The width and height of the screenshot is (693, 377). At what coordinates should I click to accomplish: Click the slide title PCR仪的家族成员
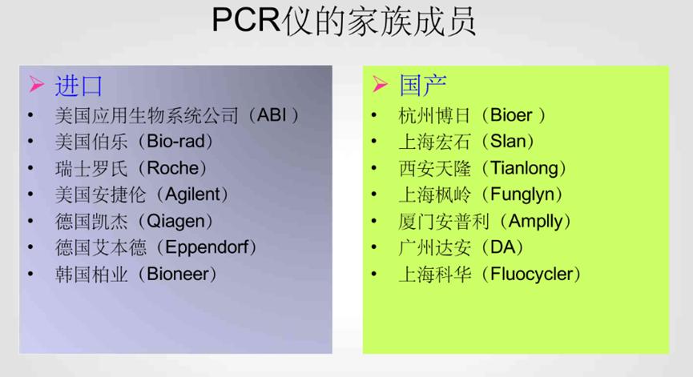click(344, 22)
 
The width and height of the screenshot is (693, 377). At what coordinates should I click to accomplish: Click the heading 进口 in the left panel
click(79, 86)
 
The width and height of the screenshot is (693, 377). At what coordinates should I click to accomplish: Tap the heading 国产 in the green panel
click(423, 86)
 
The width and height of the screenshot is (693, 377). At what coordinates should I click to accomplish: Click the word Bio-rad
click(179, 142)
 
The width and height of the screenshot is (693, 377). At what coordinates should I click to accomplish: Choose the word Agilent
click(195, 195)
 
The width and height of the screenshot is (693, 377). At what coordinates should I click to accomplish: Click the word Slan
click(506, 142)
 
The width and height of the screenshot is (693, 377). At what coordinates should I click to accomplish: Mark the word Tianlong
click(528, 168)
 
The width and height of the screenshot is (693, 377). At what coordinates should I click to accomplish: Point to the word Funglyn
click(526, 195)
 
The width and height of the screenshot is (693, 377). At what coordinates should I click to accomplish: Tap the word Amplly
click(534, 221)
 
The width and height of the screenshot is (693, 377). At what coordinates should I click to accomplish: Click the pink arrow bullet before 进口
click(36, 86)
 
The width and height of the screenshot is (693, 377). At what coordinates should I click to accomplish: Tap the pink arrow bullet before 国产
click(380, 86)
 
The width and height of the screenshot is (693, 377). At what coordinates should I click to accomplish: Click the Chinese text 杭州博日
click(429, 115)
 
